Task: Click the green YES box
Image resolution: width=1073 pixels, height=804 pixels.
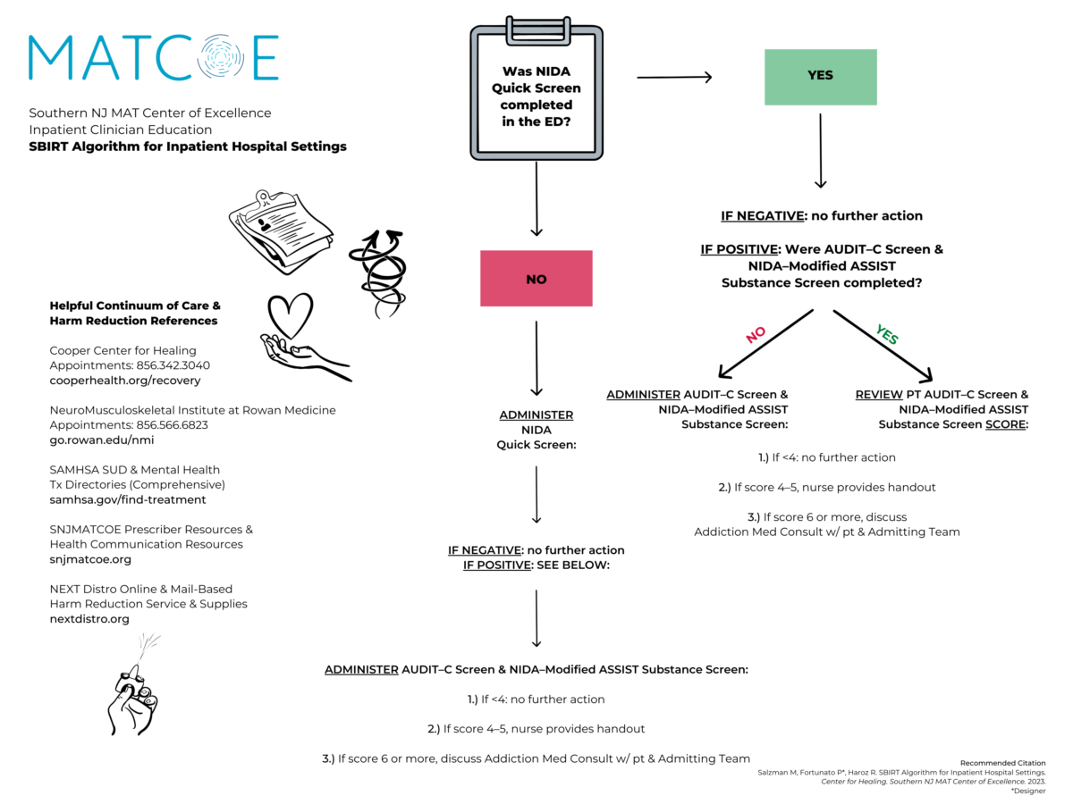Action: (x=820, y=77)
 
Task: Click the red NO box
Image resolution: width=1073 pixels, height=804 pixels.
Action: (x=536, y=279)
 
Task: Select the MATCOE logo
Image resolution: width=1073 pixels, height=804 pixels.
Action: (x=153, y=57)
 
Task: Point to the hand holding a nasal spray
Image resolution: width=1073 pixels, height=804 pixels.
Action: (x=134, y=692)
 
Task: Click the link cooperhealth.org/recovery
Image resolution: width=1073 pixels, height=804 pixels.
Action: (x=125, y=381)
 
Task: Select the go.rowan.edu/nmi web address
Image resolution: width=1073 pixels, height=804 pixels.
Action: (x=101, y=440)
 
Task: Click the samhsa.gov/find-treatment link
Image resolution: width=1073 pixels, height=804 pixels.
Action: (x=128, y=500)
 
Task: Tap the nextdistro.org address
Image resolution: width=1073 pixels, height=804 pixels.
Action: (x=89, y=619)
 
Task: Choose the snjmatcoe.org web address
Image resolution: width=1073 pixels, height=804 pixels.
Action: (x=90, y=559)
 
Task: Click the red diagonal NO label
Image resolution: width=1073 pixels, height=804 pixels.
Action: (x=756, y=334)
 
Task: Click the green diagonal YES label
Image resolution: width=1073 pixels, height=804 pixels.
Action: (x=886, y=334)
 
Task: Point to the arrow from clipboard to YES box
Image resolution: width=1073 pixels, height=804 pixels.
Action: (x=674, y=78)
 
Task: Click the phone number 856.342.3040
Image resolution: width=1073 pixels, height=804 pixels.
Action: (x=173, y=365)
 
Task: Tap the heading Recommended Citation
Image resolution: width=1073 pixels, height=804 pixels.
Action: (x=1002, y=764)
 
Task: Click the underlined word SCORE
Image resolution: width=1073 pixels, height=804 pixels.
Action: (x=1005, y=424)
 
